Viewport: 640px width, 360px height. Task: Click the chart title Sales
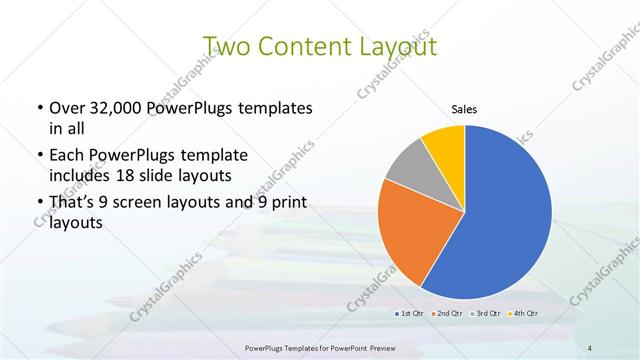click(x=465, y=110)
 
